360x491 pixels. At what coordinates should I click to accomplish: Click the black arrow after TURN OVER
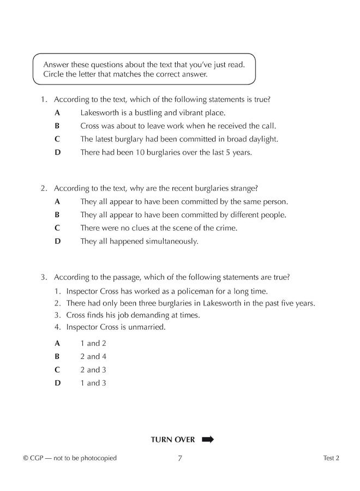coord(208,439)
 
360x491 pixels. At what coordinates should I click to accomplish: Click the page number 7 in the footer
coord(180,458)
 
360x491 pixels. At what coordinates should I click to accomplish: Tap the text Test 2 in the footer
coord(331,458)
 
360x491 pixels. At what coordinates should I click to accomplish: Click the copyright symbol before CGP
coord(26,458)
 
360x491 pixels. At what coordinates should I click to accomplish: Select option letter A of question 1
coord(57,113)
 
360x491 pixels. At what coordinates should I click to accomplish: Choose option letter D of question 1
coord(57,152)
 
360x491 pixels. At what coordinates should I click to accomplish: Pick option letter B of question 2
coord(57,215)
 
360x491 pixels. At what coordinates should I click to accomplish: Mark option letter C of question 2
coord(57,228)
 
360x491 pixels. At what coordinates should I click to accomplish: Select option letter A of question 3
coord(57,343)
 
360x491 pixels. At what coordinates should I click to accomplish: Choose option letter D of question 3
coord(57,383)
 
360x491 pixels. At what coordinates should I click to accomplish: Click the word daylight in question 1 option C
coord(261,139)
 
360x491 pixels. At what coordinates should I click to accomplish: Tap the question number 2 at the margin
coord(43,188)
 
